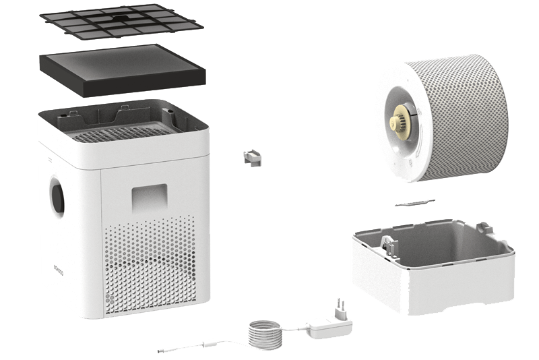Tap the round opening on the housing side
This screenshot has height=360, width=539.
[57, 196]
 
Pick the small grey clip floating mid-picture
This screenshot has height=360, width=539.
[251, 157]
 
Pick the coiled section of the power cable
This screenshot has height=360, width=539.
[263, 333]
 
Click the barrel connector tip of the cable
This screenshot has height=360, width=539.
[164, 351]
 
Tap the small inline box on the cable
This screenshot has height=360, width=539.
[211, 344]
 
